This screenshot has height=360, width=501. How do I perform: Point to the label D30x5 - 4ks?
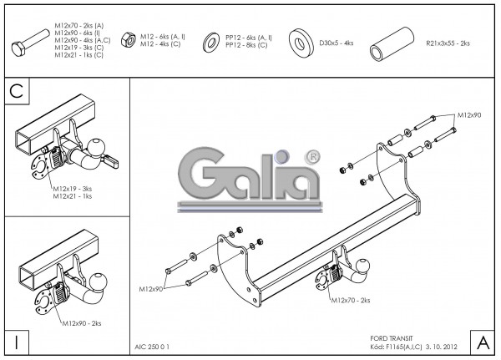point(337,41)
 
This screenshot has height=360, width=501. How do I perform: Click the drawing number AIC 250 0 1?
point(153,343)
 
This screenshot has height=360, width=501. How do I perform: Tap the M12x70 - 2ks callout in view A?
point(351,299)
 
